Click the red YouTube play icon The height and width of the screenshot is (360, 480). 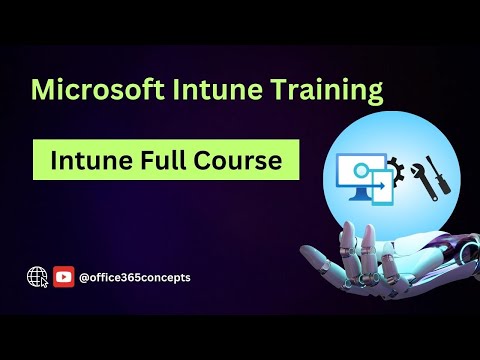point(64,277)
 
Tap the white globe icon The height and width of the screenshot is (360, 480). point(38,277)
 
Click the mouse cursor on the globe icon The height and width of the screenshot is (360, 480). point(43,282)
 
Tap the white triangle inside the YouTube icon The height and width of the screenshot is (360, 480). point(64,277)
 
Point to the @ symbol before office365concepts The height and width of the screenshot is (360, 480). point(85,277)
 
